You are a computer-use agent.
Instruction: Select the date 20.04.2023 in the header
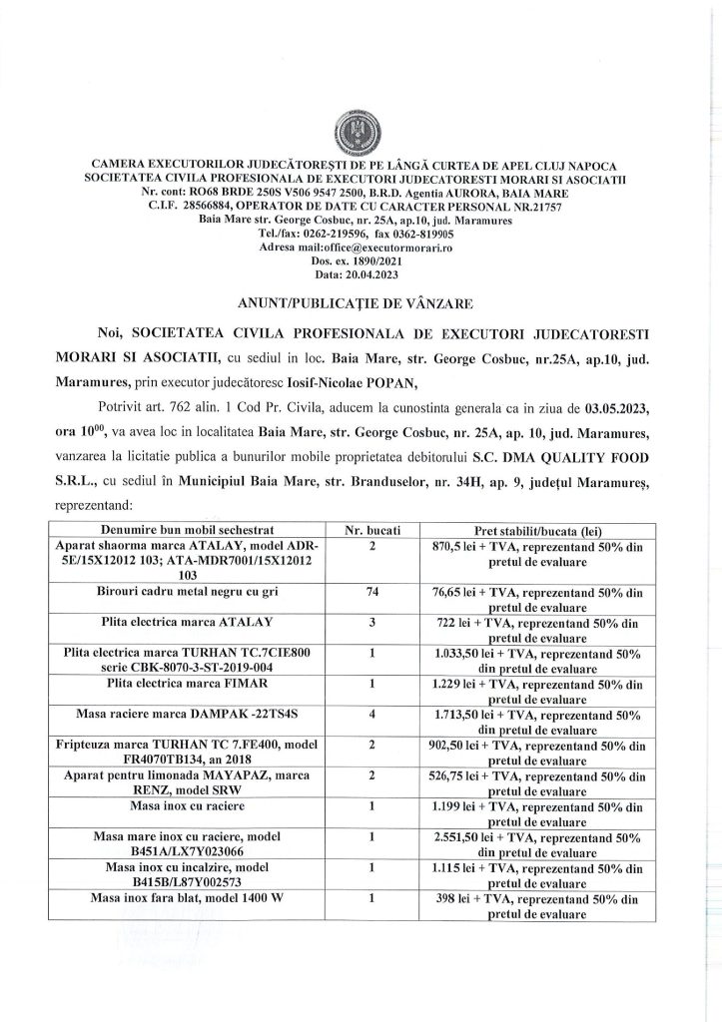coord(375,272)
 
